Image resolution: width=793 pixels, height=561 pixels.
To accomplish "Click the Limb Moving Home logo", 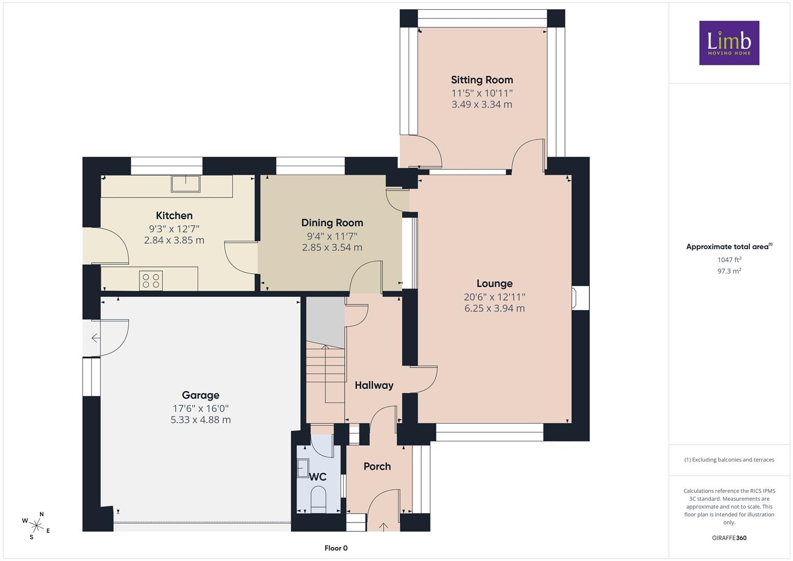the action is pyautogui.click(x=729, y=43).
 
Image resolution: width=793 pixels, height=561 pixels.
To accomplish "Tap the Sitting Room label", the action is pyautogui.click(x=482, y=80).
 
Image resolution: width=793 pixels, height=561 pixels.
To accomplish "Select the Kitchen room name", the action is pyautogui.click(x=174, y=216).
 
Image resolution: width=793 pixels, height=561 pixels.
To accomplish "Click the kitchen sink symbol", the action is pyautogui.click(x=185, y=184).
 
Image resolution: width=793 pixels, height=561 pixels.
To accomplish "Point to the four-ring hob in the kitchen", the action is pyautogui.click(x=151, y=280).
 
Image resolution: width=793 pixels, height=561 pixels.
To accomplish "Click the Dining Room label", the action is pyautogui.click(x=332, y=223).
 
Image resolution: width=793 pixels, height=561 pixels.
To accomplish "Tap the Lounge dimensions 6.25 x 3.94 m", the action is pyautogui.click(x=494, y=308).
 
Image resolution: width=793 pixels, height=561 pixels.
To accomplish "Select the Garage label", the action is pyautogui.click(x=200, y=395).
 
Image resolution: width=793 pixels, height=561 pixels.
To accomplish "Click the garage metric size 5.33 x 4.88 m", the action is pyautogui.click(x=201, y=420).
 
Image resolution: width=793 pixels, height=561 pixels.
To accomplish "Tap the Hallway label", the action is pyautogui.click(x=374, y=385).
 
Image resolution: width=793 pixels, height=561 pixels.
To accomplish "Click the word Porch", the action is pyautogui.click(x=377, y=466).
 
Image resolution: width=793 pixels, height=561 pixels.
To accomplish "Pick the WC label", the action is pyautogui.click(x=317, y=477).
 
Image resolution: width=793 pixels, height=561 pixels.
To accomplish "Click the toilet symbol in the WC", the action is pyautogui.click(x=318, y=499).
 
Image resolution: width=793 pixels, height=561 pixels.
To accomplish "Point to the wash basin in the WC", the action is pyautogui.click(x=302, y=468).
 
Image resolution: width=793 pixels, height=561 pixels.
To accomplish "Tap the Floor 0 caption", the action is pyautogui.click(x=336, y=548).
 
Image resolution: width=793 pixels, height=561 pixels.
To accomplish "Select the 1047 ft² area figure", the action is pyautogui.click(x=729, y=260).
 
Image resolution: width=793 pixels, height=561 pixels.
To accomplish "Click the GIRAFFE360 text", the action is pyautogui.click(x=729, y=538).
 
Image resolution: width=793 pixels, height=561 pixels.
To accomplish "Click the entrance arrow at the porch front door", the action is pyautogui.click(x=383, y=527).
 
